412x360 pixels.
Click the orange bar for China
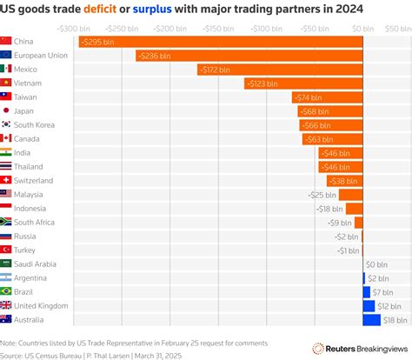pyautogui.click(x=217, y=42)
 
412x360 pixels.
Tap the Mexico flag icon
pyautogui.click(x=6, y=69)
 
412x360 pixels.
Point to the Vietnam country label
pyautogui.click(x=30, y=83)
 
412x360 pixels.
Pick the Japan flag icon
pyautogui.click(x=6, y=110)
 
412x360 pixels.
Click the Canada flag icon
pyautogui.click(x=6, y=138)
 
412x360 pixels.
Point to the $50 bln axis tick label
pyautogui.click(x=397, y=28)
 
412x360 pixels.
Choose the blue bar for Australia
pyautogui.click(x=371, y=320)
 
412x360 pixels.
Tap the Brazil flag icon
pyautogui.click(x=6, y=291)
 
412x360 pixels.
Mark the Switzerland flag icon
pyautogui.click(x=6, y=180)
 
